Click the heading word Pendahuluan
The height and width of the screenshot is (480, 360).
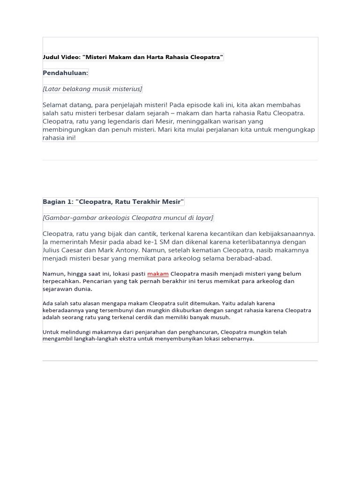click(x=65, y=73)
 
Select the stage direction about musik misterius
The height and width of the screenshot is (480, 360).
click(x=92, y=89)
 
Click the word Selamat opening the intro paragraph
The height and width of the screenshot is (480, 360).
click(x=57, y=105)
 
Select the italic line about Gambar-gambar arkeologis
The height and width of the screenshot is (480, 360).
click(x=128, y=217)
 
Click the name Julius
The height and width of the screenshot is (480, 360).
click(x=53, y=250)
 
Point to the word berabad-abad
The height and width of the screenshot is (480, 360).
click(x=251, y=258)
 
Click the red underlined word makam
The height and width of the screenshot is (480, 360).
click(x=157, y=274)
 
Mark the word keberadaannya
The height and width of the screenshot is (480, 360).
click(x=62, y=310)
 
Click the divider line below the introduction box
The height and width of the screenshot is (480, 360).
click(x=180, y=160)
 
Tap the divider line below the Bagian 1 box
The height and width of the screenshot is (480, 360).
click(x=180, y=360)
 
